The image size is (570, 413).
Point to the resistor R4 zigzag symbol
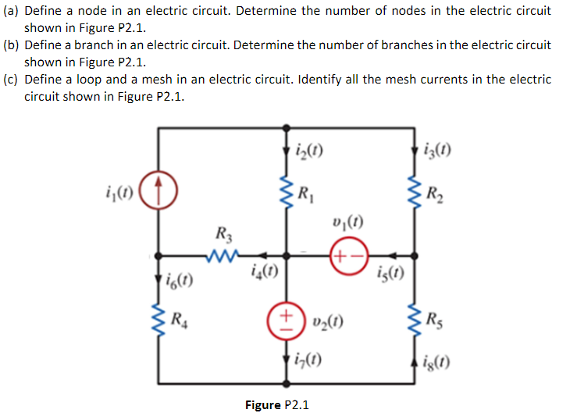(159, 317)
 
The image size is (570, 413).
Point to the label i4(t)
(265, 272)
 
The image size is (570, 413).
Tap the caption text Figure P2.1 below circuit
(277, 404)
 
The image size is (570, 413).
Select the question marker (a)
(12, 12)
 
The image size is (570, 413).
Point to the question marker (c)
(12, 79)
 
